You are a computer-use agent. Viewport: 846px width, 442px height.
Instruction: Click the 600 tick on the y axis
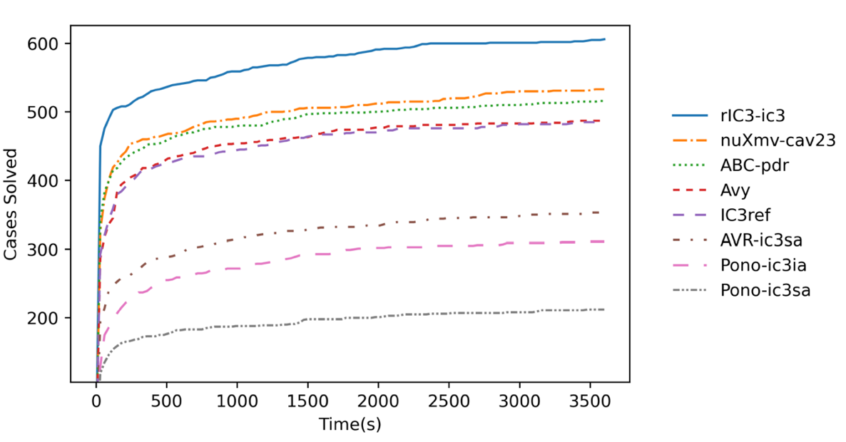[x=53, y=43]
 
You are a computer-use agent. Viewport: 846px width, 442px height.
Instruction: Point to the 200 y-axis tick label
[x=53, y=317]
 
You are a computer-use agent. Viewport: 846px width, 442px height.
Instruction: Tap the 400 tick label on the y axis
[x=53, y=180]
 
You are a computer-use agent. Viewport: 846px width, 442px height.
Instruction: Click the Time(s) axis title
[x=350, y=425]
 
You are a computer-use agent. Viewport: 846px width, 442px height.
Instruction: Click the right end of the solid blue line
[x=604, y=39]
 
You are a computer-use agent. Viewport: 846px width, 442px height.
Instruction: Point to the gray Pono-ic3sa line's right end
[x=604, y=309]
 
